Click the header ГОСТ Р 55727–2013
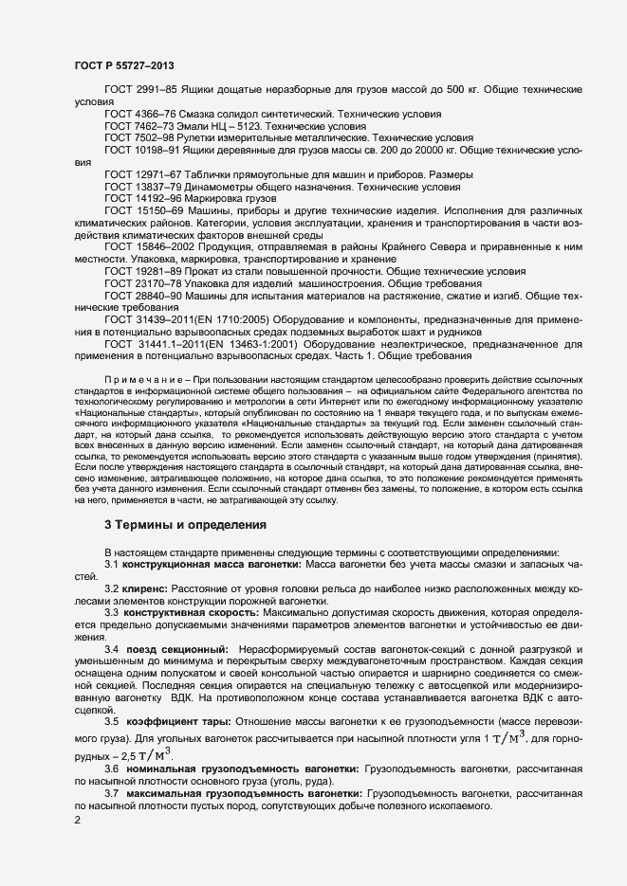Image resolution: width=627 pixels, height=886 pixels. [123, 65]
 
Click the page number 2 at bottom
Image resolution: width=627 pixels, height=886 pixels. [78, 822]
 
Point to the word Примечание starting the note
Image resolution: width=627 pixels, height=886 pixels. [145, 378]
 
